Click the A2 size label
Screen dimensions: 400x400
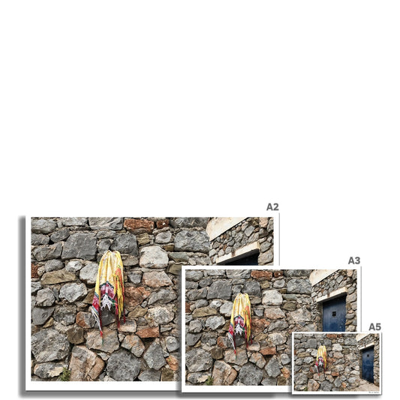[272, 207]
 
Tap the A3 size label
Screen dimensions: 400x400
[354, 260]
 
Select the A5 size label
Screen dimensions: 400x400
[374, 326]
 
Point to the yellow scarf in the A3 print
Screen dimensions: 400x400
[240, 321]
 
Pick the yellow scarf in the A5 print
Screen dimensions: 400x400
[321, 359]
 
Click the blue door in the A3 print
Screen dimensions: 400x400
[334, 314]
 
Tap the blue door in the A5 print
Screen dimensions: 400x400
[368, 364]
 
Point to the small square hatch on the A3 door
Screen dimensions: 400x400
[334, 314]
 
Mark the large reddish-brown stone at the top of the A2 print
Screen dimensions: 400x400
[139, 225]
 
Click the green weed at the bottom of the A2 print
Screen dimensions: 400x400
[65, 374]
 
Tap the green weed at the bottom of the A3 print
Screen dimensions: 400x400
[209, 381]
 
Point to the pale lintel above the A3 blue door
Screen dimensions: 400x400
[331, 294]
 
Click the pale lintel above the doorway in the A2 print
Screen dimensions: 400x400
[238, 253]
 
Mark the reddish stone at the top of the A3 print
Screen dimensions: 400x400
[261, 275]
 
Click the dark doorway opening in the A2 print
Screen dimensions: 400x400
[244, 260]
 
